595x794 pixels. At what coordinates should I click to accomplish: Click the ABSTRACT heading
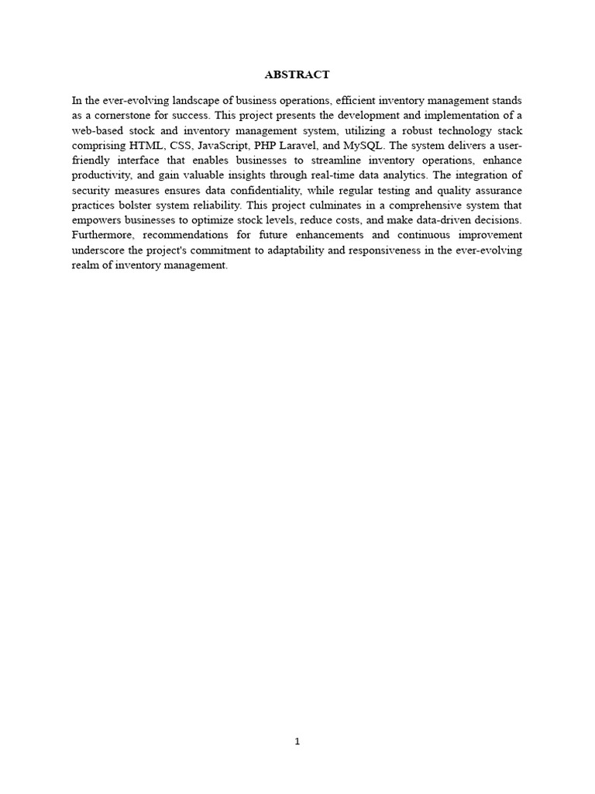click(297, 75)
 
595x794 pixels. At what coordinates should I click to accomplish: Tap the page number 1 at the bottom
click(297, 741)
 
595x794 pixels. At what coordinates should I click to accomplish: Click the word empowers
click(97, 220)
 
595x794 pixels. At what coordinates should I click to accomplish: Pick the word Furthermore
click(104, 236)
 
